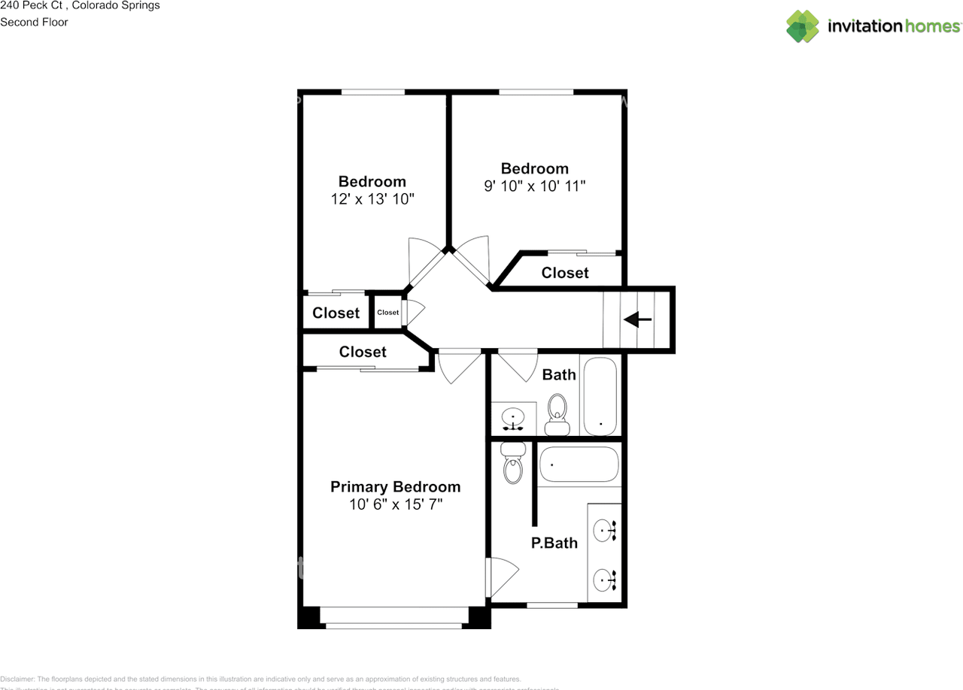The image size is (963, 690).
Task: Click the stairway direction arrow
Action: pyautogui.click(x=637, y=320)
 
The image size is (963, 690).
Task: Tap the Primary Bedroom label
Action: pyautogui.click(x=395, y=487)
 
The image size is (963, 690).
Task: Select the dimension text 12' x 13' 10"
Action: pyautogui.click(x=372, y=199)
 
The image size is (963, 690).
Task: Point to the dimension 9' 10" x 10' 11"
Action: pyautogui.click(x=534, y=186)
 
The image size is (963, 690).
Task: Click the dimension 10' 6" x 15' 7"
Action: pyautogui.click(x=395, y=504)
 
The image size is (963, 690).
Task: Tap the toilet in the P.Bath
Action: pyautogui.click(x=513, y=463)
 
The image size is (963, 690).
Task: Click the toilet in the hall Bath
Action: pyautogui.click(x=557, y=414)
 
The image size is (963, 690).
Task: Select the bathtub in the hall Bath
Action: pyautogui.click(x=600, y=396)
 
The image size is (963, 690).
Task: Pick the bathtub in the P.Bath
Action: pyautogui.click(x=579, y=465)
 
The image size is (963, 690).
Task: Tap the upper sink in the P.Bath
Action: pyautogui.click(x=604, y=531)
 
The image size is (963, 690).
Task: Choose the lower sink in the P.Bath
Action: pyautogui.click(x=604, y=580)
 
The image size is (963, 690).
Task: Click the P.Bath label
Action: pyautogui.click(x=554, y=543)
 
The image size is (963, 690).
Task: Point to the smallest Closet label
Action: pyautogui.click(x=388, y=313)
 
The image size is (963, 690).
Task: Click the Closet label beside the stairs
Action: pyautogui.click(x=565, y=273)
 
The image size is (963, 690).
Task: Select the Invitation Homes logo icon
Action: pyautogui.click(x=803, y=26)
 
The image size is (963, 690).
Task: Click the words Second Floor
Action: pyautogui.click(x=34, y=22)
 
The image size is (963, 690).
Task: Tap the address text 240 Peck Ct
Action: pyautogui.click(x=31, y=5)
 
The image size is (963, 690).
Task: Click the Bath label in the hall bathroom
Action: pyautogui.click(x=559, y=374)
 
